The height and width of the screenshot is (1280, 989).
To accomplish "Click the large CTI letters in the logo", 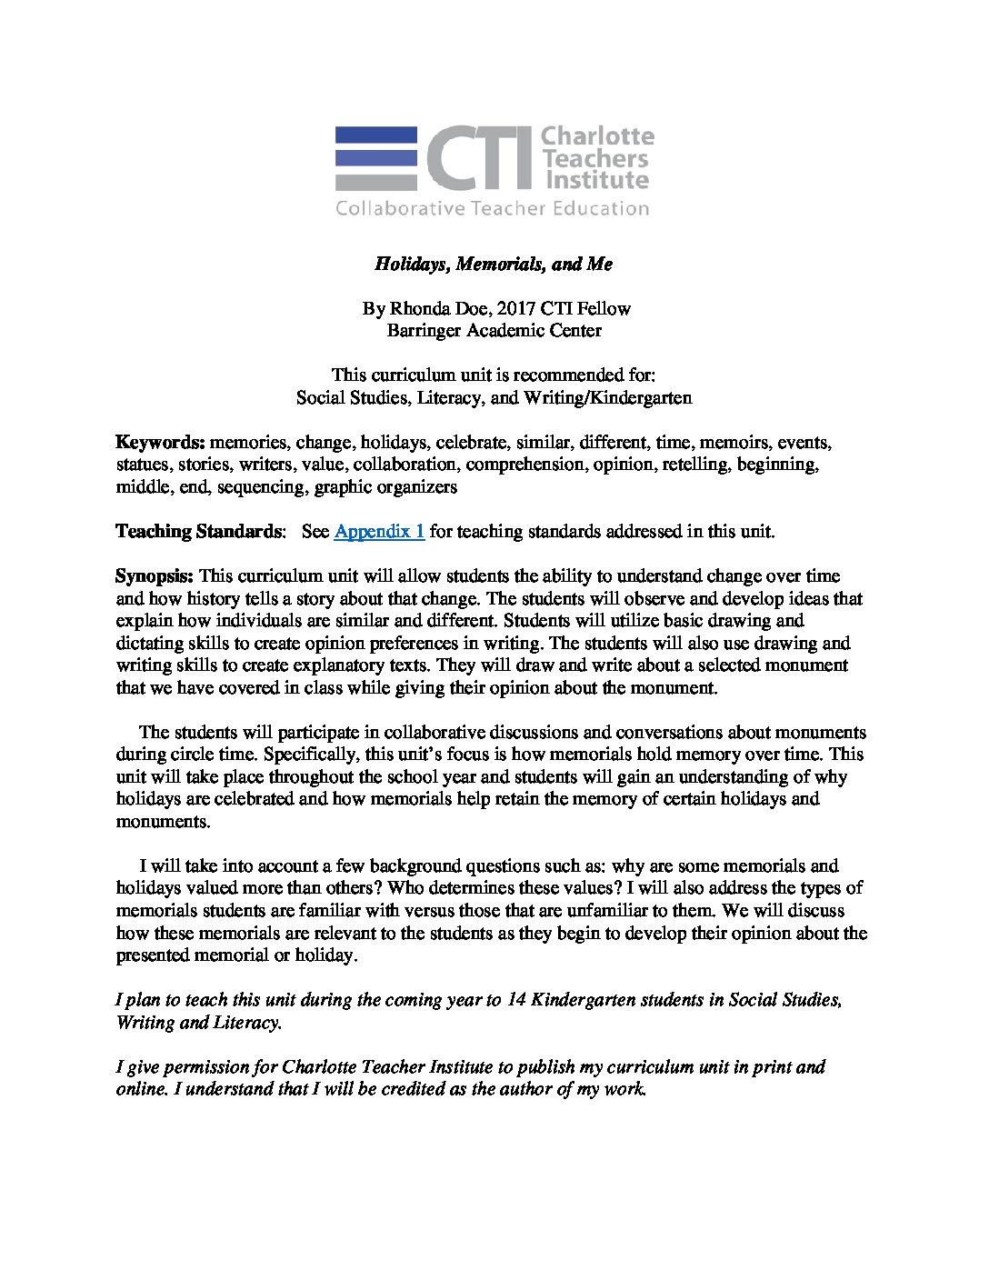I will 479,158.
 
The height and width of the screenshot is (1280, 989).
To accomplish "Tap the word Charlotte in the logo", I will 597,136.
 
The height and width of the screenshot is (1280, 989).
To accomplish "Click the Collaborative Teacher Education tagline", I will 493,208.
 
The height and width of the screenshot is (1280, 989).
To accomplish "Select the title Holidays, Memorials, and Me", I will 494,265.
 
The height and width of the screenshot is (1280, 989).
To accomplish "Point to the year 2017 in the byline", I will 522,309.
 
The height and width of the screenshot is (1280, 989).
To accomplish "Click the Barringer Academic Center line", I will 494,331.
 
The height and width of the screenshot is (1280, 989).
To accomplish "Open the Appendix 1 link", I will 379,532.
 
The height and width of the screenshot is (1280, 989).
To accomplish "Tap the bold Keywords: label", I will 160,443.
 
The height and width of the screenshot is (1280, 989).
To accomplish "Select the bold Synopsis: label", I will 155,576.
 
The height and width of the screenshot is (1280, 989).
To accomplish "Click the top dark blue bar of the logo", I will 376,135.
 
